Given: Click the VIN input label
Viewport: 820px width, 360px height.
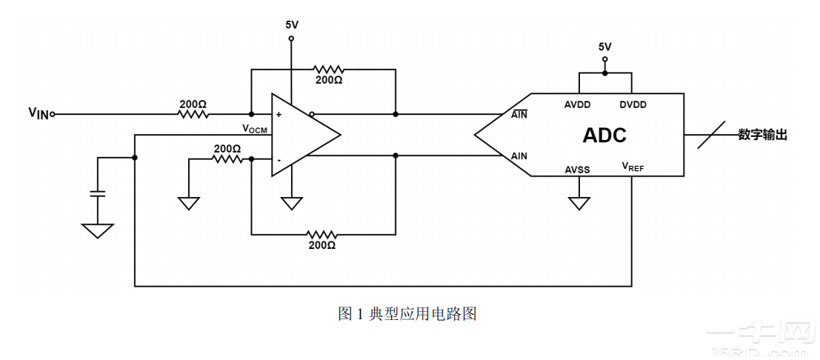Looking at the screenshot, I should [x=39, y=113].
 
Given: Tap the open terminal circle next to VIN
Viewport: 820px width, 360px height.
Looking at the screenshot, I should [x=53, y=115].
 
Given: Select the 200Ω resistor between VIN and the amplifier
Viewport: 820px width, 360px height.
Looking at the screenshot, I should [x=193, y=115].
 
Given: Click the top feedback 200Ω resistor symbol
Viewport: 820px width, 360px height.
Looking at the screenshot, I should [x=328, y=69].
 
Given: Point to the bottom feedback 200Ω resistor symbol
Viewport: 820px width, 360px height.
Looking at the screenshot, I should [x=321, y=234].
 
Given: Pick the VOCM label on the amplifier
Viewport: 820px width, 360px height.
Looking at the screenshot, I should [x=254, y=129].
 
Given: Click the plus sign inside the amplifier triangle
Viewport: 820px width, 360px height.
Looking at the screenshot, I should [x=279, y=115].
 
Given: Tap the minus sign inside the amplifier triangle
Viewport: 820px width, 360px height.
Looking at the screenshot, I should [x=279, y=159].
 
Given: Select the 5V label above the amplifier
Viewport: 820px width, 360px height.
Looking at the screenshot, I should [x=292, y=24].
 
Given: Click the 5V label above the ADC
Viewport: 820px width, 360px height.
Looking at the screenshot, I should [x=605, y=47].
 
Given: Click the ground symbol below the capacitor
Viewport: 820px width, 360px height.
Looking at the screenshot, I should [x=98, y=230].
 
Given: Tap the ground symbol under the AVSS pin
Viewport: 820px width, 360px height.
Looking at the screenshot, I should [x=578, y=202].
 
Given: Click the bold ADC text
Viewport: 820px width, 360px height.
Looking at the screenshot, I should [x=604, y=136].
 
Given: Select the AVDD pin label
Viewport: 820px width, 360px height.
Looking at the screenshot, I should [x=577, y=105].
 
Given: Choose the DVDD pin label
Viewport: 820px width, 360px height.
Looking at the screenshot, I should [x=633, y=105].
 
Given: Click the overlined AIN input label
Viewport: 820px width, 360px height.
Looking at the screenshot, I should [x=519, y=114].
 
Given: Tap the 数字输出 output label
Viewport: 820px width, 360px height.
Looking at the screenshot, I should [x=761, y=135].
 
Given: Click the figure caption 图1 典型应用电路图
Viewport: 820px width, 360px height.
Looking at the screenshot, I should [x=407, y=314].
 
